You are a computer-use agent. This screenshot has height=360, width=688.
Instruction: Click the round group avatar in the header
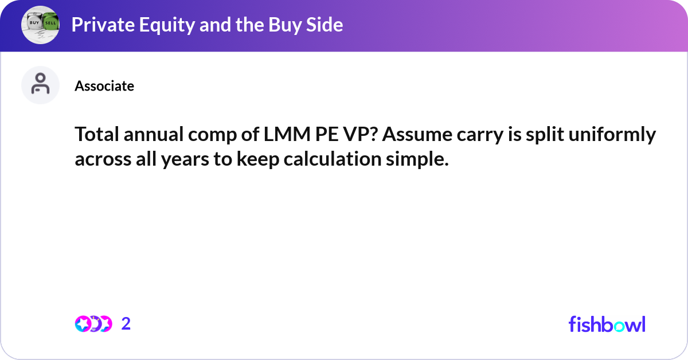click(40, 25)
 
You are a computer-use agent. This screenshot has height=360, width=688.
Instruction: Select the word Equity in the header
click(151, 25)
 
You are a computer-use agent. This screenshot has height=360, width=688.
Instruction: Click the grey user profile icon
click(40, 85)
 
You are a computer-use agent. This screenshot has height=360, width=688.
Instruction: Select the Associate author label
click(104, 86)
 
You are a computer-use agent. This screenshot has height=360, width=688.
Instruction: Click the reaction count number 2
click(126, 324)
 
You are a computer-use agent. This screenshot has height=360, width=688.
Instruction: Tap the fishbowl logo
click(607, 324)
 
